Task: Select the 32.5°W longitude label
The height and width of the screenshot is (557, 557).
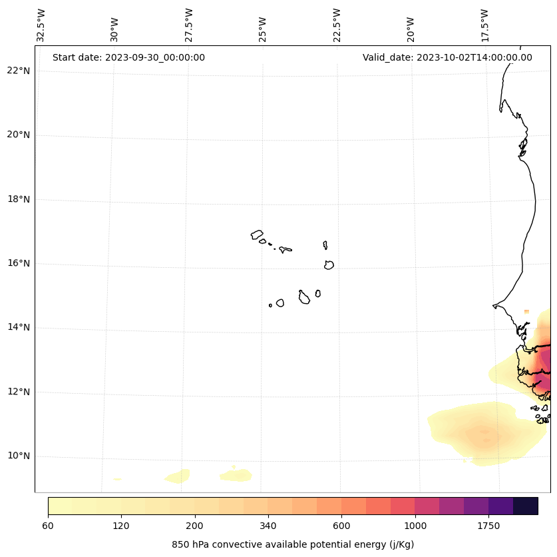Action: pos(41,25)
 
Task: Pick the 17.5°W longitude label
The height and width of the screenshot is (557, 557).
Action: pos(485,25)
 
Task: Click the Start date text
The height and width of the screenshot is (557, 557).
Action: pos(128,57)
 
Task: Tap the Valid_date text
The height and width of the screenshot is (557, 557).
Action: pos(447,57)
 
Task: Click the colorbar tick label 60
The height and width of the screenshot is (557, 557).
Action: pos(48,526)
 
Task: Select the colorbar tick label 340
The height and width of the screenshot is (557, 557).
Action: pos(268,526)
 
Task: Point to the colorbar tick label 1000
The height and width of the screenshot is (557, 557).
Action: pos(415,526)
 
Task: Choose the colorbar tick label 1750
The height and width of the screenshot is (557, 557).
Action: pos(488,526)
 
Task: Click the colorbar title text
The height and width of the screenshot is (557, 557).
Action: pos(293,544)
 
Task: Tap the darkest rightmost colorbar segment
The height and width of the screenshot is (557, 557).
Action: pos(526,506)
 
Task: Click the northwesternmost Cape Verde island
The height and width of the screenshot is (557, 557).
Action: pos(257,235)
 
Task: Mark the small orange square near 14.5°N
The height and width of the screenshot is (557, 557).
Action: pos(526,311)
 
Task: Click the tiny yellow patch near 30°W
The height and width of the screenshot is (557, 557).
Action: pos(117,479)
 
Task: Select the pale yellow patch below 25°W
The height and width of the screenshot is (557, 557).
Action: pos(236,475)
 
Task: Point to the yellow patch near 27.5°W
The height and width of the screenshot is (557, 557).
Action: pos(178,476)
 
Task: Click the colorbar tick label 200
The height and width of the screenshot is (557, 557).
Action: pos(195,526)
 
